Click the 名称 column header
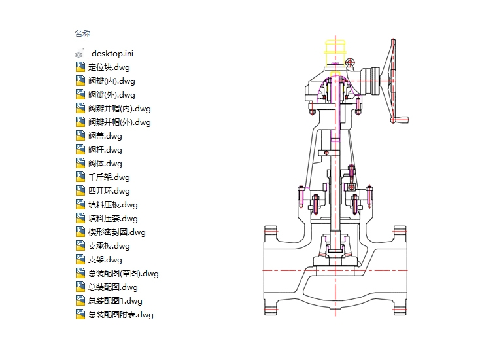pos(82,33)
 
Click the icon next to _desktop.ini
pos(80,53)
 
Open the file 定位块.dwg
pos(110,67)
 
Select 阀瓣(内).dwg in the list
pos(111,81)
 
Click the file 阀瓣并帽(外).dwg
pos(119,122)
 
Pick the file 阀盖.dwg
pos(105,136)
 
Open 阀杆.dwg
pos(105,150)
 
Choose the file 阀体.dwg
pos(105,164)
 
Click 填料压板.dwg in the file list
pos(112,205)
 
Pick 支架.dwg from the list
pos(105,260)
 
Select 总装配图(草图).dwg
pos(123,274)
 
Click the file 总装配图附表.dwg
pos(120,315)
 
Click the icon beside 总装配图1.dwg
pos(80,301)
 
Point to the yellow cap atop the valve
pos(335,52)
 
